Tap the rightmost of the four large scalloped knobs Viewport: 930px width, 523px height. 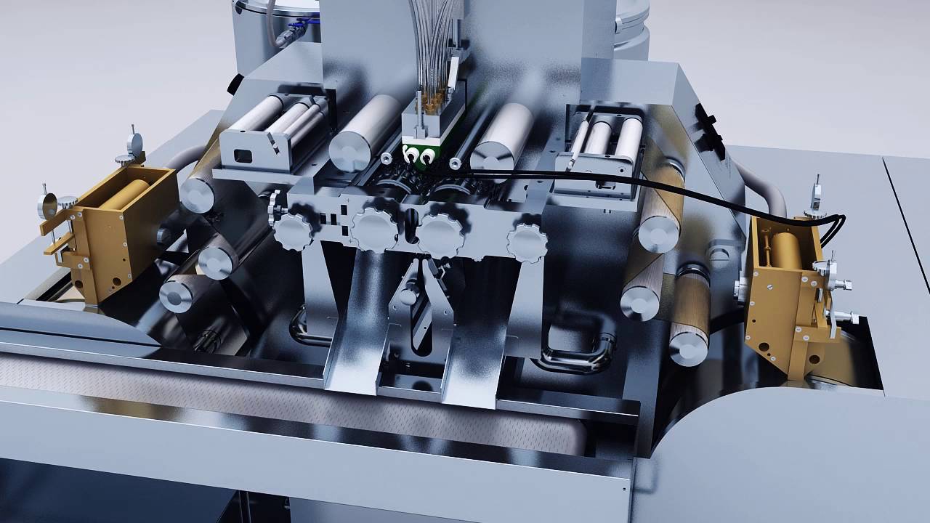point(527,243)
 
